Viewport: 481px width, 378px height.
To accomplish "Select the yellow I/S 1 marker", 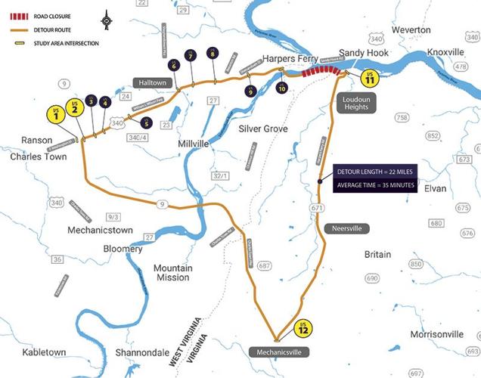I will point(56,114).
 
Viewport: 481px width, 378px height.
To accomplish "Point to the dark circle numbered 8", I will point(213,54).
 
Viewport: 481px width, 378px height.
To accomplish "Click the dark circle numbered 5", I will point(146,122).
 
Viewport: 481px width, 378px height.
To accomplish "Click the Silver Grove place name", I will point(263,129).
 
